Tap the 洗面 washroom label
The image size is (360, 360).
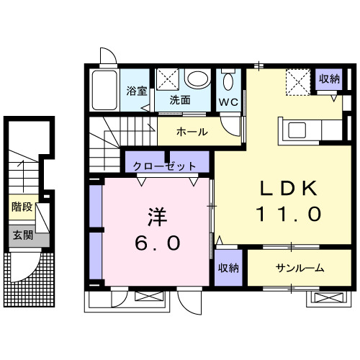click(180, 100)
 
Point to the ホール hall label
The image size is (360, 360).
click(192, 132)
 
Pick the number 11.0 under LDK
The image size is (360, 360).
click(289, 214)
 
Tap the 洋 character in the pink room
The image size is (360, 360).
click(158, 216)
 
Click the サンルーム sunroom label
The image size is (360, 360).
click(300, 268)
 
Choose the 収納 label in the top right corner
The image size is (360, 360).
click(330, 78)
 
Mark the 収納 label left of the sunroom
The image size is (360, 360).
click(230, 268)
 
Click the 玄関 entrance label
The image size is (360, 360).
click(21, 235)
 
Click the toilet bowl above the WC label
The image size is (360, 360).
click(228, 81)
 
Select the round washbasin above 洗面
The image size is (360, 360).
click(195, 78)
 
